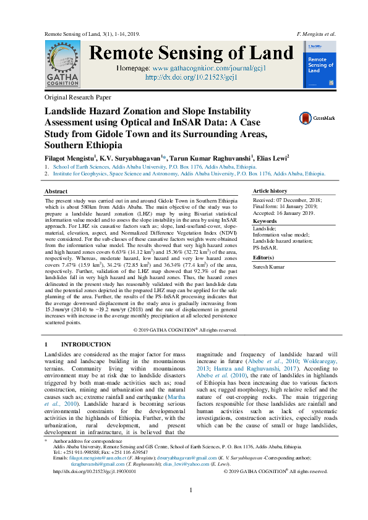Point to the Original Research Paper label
[x=78, y=98]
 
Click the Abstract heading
[x=56, y=192]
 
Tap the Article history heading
[x=270, y=191]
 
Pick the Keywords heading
[x=265, y=220]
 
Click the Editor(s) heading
[x=264, y=257]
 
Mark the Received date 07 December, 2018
[x=285, y=201]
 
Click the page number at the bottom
[x=191, y=508]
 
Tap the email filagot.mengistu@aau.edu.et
[x=96, y=458]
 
